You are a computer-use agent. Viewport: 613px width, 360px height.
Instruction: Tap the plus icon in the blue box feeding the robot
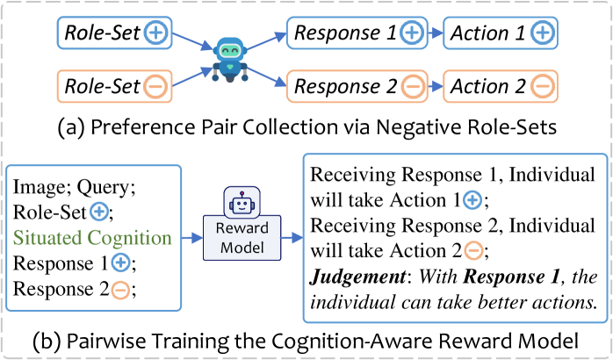click(x=155, y=33)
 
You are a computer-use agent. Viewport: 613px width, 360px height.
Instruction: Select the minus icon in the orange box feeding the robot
click(x=155, y=86)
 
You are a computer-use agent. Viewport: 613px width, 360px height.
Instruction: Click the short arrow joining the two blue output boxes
click(x=436, y=33)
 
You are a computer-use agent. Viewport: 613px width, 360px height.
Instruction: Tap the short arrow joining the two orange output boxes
click(x=436, y=86)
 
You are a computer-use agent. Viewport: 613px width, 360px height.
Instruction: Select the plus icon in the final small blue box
click(x=542, y=33)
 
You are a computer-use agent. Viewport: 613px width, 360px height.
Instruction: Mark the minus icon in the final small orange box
click(x=542, y=86)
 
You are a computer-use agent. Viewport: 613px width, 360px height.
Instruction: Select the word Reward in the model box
click(x=242, y=230)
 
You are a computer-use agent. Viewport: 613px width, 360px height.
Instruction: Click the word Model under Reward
click(x=242, y=248)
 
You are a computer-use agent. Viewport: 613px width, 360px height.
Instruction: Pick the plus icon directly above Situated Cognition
click(x=99, y=211)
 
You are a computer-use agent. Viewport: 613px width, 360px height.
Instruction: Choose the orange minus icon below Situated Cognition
click(x=120, y=290)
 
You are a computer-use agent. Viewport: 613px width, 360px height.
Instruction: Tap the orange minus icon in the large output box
click(x=472, y=251)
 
